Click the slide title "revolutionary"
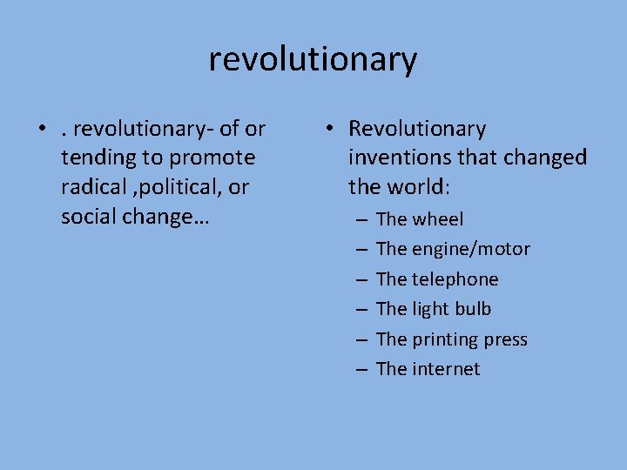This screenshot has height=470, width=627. click(313, 59)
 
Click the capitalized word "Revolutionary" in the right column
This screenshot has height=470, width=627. click(417, 129)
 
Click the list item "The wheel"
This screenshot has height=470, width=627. click(420, 219)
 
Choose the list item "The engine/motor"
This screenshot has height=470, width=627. click(453, 249)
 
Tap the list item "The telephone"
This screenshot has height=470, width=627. click(437, 279)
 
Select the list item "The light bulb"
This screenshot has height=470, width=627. click(434, 309)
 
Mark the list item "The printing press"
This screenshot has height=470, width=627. click(452, 339)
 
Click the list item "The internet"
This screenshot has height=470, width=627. click(428, 369)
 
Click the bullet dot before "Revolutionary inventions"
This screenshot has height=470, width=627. click(329, 130)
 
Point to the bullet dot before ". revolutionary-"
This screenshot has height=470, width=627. click(42, 130)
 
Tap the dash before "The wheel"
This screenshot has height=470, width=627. click(361, 220)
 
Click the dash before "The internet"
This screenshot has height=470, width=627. click(361, 370)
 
